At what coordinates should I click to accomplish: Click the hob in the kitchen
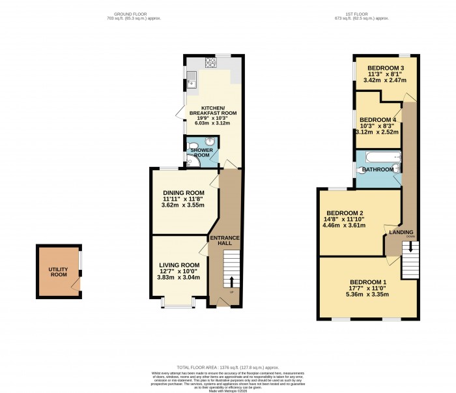pyautogui.click(x=212, y=63)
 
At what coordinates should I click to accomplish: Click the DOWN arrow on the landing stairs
pyautogui.click(x=410, y=246)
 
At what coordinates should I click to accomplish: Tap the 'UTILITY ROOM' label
pyautogui.click(x=58, y=272)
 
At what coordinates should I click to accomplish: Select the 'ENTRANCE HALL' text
pyautogui.click(x=225, y=240)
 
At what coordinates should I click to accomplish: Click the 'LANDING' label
pyautogui.click(x=401, y=232)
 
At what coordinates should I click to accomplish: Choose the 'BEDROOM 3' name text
pyautogui.click(x=386, y=68)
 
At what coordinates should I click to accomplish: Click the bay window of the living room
pyautogui.click(x=177, y=302)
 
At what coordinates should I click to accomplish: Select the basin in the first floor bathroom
pyautogui.click(x=396, y=169)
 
